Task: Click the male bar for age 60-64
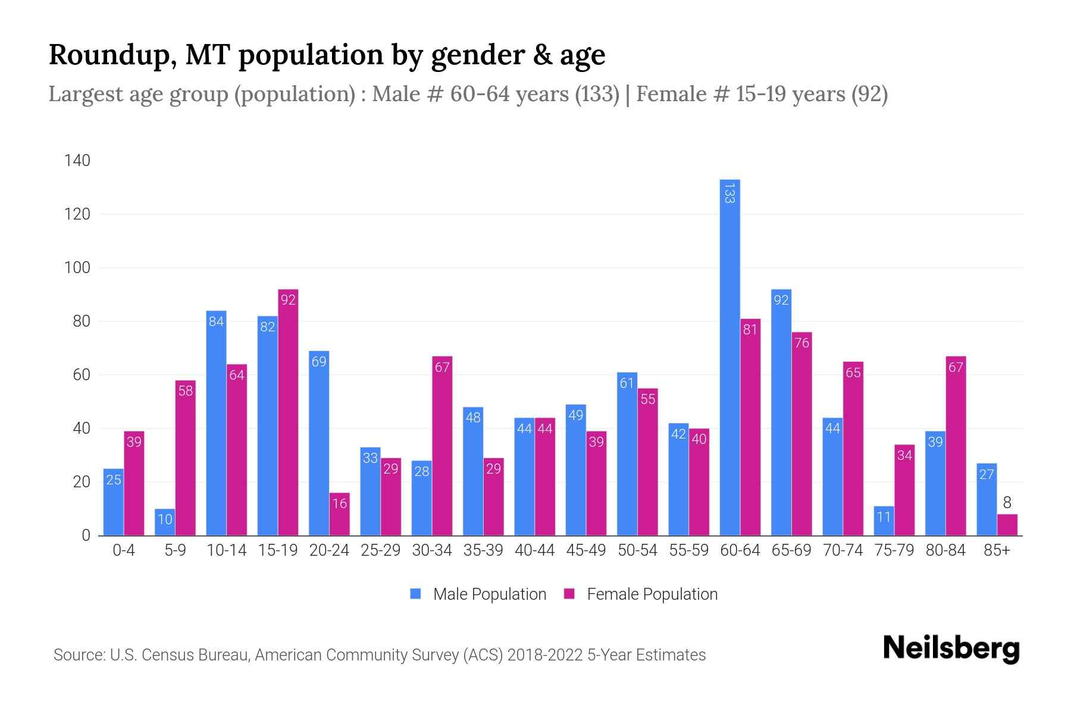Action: click(x=729, y=357)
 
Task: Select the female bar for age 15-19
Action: click(x=288, y=412)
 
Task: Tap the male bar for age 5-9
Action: click(x=165, y=522)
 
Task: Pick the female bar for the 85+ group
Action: click(x=1007, y=525)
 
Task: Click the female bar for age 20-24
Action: click(x=339, y=514)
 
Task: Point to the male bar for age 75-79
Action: click(x=884, y=521)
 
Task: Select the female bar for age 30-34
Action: click(x=442, y=446)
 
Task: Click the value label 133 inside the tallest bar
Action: click(x=729, y=193)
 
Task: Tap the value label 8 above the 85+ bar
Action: click(x=1007, y=503)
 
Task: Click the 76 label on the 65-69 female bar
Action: click(x=801, y=343)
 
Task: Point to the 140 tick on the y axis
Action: click(x=77, y=161)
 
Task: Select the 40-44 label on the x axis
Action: click(x=534, y=550)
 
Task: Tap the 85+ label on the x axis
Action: click(x=997, y=550)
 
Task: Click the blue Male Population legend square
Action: click(x=415, y=594)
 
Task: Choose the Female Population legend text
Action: click(x=652, y=594)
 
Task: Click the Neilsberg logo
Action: click(x=951, y=649)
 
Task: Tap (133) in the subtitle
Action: click(x=597, y=94)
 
